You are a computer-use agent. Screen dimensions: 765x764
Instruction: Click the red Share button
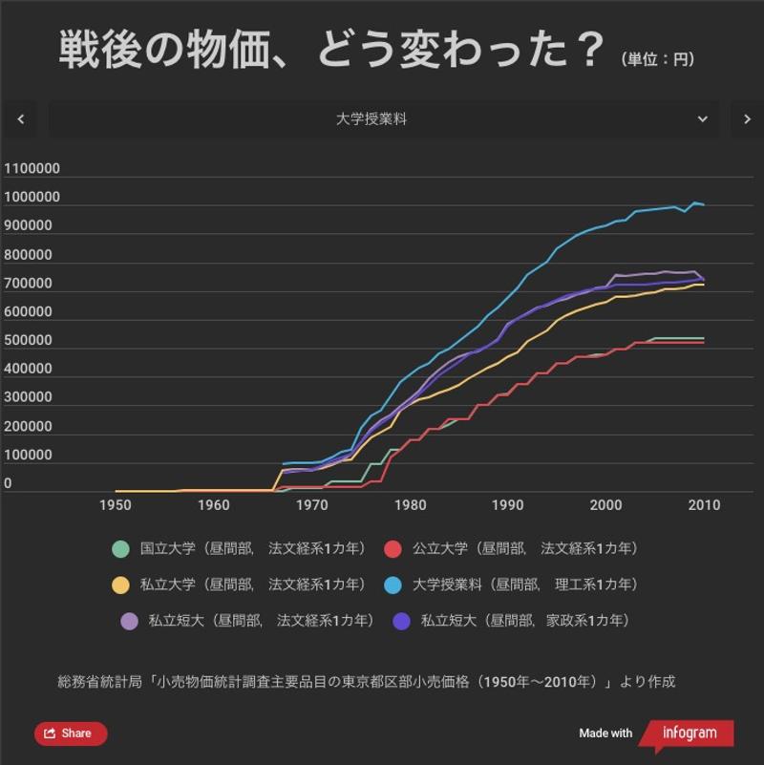(x=71, y=733)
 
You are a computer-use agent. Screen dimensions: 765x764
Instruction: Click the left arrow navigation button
(x=21, y=119)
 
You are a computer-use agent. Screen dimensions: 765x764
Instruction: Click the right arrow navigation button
(x=747, y=119)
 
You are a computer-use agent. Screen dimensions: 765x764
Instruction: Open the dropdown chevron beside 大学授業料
(x=703, y=119)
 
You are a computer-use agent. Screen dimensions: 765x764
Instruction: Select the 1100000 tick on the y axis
(x=32, y=169)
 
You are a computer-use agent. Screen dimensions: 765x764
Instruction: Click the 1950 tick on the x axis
(x=115, y=505)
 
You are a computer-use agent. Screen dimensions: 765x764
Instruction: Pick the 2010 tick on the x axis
(x=705, y=505)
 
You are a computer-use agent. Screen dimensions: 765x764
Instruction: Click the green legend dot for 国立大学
(x=120, y=549)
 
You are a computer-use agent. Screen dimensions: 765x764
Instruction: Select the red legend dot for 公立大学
(x=392, y=549)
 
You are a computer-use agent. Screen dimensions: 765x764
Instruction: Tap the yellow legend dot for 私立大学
(x=120, y=584)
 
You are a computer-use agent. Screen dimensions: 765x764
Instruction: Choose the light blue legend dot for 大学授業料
(x=392, y=584)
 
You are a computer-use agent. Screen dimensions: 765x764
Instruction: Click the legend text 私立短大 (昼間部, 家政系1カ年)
(x=524, y=621)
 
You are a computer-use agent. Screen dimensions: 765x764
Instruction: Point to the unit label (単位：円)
(x=658, y=59)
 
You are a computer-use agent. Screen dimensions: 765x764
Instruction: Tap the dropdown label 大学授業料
(x=371, y=119)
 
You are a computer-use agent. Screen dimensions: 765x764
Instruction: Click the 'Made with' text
(x=605, y=733)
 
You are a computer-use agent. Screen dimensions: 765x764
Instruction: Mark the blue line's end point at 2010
(x=705, y=204)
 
